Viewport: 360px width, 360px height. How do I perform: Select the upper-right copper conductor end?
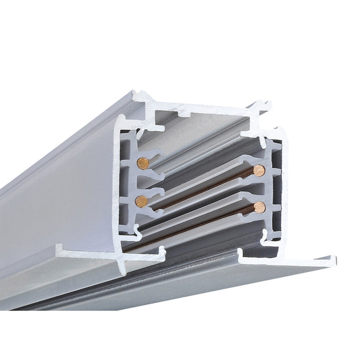point(259,170)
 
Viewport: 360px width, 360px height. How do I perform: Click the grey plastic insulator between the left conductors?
point(135,182)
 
